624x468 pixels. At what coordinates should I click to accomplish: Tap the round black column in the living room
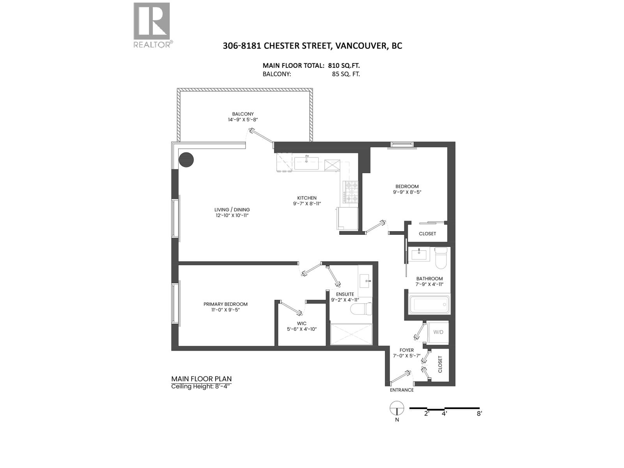tap(186, 160)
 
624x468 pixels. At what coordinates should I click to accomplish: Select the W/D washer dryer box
tap(438, 332)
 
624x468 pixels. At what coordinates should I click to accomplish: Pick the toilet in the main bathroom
tap(442, 258)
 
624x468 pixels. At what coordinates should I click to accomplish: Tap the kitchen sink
tap(306, 163)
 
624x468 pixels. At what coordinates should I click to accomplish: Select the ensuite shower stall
tap(351, 334)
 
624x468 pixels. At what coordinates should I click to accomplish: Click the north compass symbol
tap(396, 408)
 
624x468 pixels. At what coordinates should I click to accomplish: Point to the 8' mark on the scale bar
tap(479, 413)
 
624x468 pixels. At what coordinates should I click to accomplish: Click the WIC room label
tap(301, 323)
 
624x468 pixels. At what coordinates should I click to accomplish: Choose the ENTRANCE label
tap(402, 390)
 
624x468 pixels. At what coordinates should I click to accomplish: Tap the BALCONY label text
tap(243, 114)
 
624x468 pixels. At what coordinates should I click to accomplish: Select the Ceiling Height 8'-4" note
tap(201, 386)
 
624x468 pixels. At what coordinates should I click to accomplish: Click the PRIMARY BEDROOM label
tap(225, 304)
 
